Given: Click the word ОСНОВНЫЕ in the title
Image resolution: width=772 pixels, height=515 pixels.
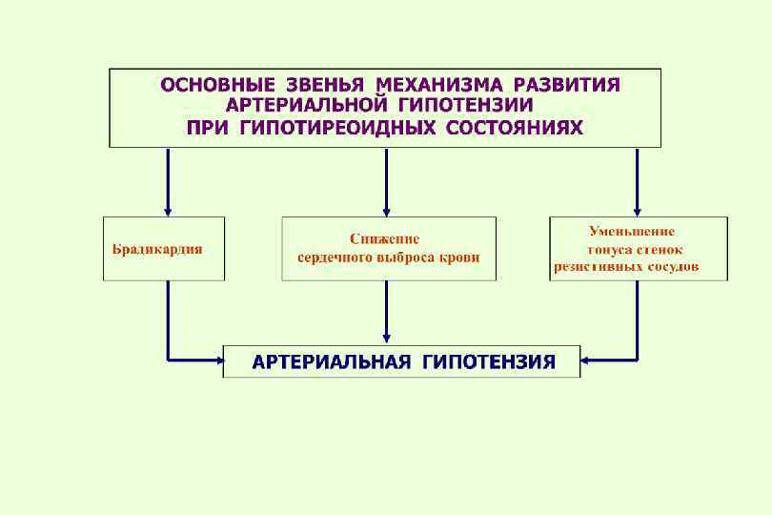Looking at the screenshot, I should coord(216,85).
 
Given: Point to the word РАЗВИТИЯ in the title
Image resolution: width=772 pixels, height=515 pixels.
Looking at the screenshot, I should coord(566,85).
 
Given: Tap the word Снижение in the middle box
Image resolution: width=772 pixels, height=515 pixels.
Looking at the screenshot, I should coord(384,238).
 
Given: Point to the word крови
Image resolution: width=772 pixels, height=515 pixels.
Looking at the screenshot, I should coord(460,257).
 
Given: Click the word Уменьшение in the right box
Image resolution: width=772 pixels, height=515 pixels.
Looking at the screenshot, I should coord(632,231).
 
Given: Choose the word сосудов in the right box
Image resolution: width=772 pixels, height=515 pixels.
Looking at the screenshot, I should coord(671,267).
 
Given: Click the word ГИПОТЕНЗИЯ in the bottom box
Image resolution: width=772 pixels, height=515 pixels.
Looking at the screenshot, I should coord(489,362).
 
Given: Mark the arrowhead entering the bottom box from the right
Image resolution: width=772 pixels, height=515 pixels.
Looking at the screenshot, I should coord(586,360).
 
